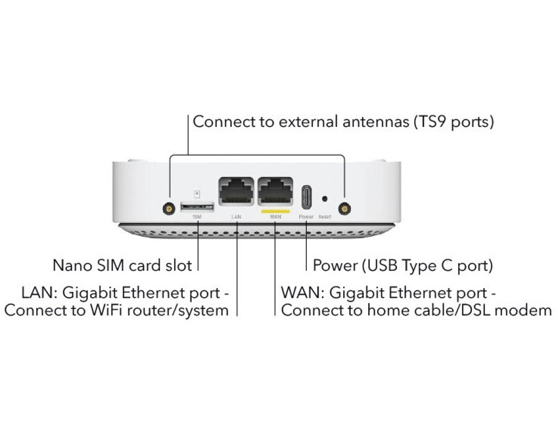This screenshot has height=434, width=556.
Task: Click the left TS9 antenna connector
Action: click(x=169, y=208)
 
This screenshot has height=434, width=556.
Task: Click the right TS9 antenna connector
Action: click(x=343, y=208)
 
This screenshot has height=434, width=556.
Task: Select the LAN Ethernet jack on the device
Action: click(x=236, y=191)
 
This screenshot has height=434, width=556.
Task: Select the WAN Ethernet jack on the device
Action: click(x=275, y=191)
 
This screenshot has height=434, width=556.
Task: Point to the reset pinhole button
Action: click(x=325, y=199)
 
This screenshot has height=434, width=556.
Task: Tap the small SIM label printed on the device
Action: click(x=197, y=216)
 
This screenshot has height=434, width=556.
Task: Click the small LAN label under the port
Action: click(x=236, y=216)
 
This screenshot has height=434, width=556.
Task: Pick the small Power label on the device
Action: click(x=306, y=216)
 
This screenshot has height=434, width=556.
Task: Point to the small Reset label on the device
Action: click(x=325, y=216)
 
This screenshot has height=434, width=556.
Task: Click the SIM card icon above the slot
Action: click(x=197, y=193)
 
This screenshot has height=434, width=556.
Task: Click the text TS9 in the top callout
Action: click(x=427, y=122)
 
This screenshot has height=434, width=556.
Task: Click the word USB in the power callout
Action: click(x=383, y=265)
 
